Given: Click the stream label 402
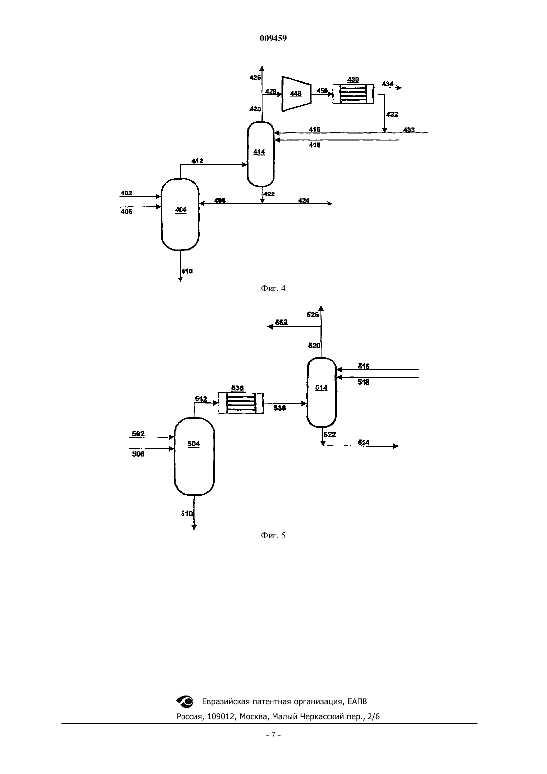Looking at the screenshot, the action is (x=126, y=193).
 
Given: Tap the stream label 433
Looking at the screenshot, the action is (x=409, y=130).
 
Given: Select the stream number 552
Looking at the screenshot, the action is (x=281, y=322).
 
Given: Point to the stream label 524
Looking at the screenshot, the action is (x=364, y=442).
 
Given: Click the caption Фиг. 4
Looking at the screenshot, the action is (x=273, y=288).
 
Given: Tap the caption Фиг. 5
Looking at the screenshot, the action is (x=273, y=536).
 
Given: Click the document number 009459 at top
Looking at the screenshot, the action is (x=273, y=38).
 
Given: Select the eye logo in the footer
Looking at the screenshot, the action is (x=185, y=701).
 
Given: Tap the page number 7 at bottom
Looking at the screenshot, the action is (x=273, y=735).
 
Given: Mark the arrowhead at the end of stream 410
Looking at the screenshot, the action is (x=180, y=279).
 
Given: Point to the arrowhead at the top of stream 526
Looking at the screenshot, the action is (x=321, y=308).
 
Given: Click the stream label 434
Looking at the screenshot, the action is (x=388, y=84).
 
